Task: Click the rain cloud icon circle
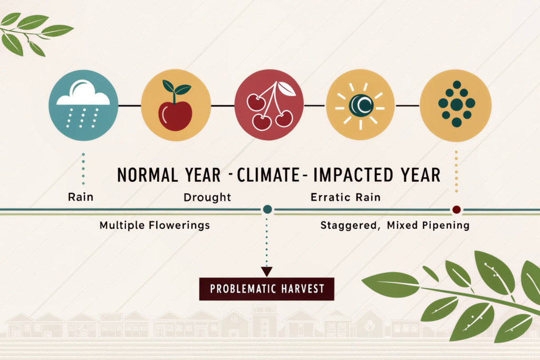(83, 105)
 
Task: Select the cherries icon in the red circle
(271, 106)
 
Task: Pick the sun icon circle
(360, 105)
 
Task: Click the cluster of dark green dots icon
(457, 104)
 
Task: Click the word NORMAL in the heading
(148, 175)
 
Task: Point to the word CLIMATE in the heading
(268, 175)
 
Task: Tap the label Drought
(207, 197)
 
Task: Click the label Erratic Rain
(346, 197)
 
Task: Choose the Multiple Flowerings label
(155, 225)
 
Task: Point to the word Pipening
(446, 226)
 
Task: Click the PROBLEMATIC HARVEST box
(266, 289)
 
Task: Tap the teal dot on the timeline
(267, 209)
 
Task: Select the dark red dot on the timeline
(456, 210)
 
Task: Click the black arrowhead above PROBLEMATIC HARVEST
(266, 271)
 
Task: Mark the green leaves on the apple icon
(176, 88)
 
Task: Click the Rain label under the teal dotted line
(81, 197)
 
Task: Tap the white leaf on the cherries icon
(286, 89)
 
